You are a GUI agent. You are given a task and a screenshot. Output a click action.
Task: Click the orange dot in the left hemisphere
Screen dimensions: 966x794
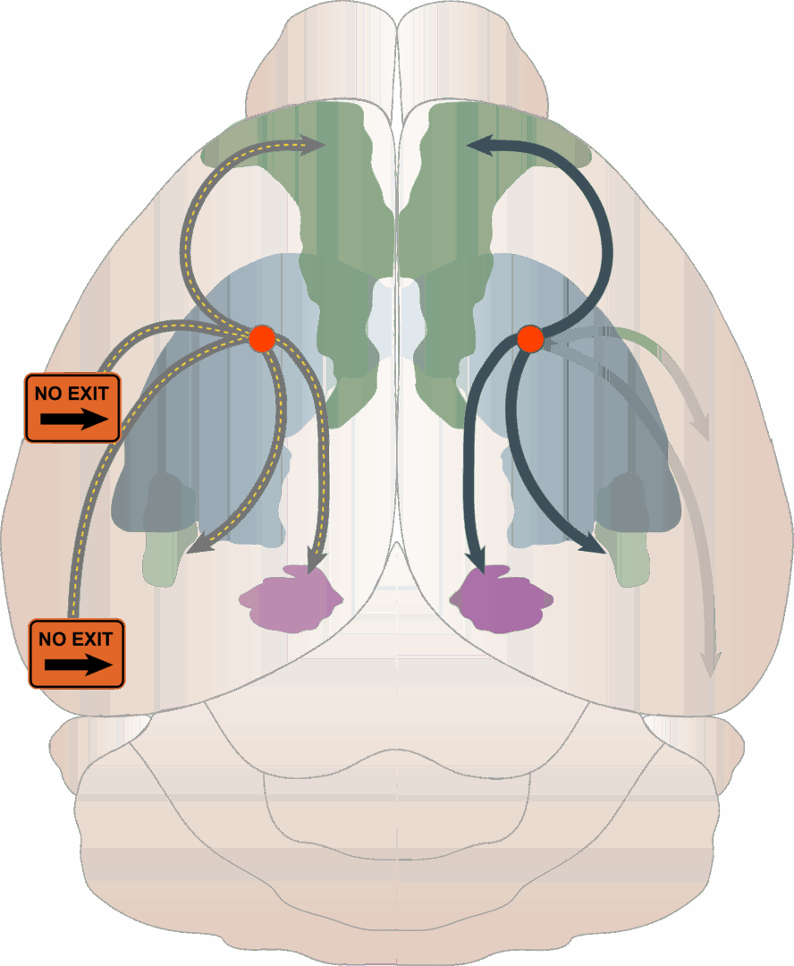click(x=262, y=338)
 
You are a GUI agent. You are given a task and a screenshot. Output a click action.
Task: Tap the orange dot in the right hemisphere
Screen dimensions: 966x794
click(x=530, y=339)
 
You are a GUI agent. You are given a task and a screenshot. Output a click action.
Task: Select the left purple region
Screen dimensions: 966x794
click(x=291, y=598)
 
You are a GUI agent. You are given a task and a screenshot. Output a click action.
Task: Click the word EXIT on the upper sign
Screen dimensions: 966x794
click(x=86, y=393)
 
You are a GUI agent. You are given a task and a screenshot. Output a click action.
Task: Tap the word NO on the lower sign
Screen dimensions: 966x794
click(x=49, y=640)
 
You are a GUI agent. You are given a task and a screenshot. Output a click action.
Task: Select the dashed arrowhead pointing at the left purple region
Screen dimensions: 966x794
click(x=314, y=561)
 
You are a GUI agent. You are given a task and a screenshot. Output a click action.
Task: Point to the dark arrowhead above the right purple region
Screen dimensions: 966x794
click(x=476, y=561)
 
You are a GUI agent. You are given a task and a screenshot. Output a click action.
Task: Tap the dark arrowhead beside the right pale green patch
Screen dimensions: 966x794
click(x=594, y=545)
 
